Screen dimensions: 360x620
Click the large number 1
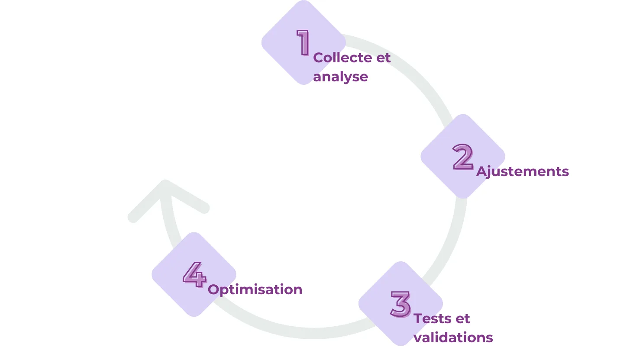tap(304, 42)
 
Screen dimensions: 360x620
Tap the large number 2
tap(463, 157)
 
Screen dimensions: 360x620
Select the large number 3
tap(400, 304)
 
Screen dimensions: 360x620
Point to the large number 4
tap(194, 274)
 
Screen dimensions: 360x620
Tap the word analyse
tap(340, 77)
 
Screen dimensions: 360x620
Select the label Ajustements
tap(522, 171)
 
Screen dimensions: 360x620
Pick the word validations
tap(453, 337)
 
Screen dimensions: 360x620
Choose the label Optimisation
tap(255, 289)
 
